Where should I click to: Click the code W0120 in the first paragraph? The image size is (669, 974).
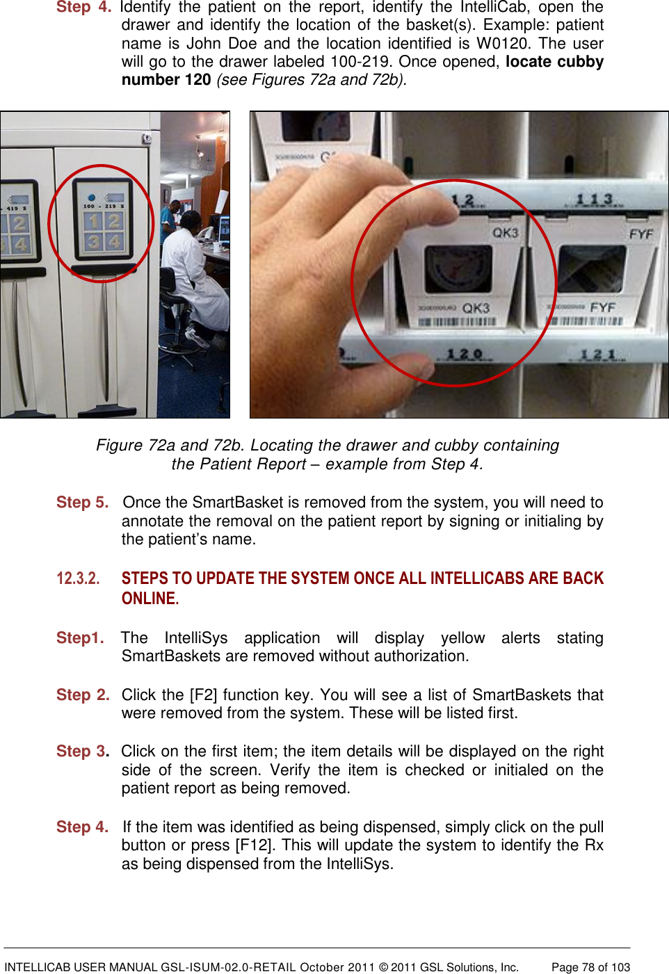[501, 43]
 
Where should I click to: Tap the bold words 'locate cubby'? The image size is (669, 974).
[554, 61]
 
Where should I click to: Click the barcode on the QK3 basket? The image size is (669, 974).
[457, 322]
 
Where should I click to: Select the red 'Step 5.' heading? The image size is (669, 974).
[82, 502]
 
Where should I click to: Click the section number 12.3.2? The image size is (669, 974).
[78, 578]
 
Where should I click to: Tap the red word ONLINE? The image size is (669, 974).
[150, 599]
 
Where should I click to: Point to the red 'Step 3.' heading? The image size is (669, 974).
[82, 751]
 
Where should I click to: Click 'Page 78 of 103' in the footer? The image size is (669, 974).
[590, 967]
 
